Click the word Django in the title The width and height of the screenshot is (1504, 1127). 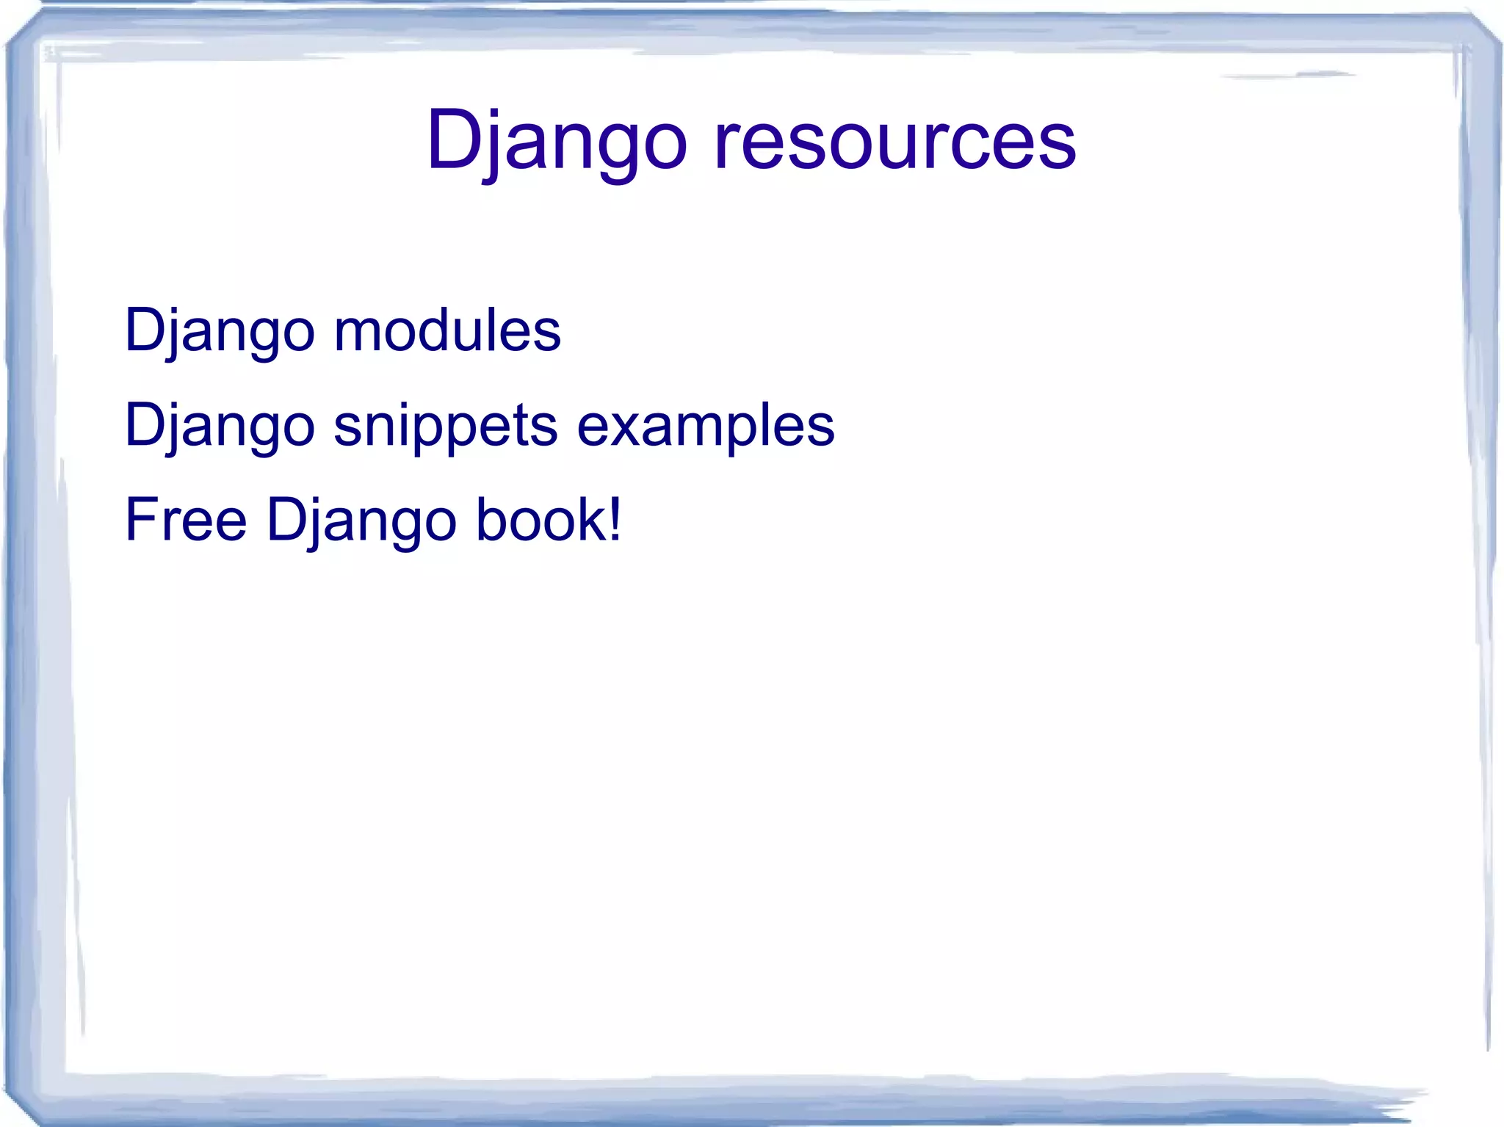click(x=556, y=139)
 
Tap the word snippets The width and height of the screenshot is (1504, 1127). click(x=445, y=426)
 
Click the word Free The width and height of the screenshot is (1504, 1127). click(x=186, y=520)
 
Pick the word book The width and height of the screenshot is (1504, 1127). click(x=540, y=520)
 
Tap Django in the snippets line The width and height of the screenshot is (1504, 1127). click(x=220, y=426)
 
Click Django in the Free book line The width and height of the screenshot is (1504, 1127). click(x=361, y=520)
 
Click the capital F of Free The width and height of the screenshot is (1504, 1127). click(x=140, y=520)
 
